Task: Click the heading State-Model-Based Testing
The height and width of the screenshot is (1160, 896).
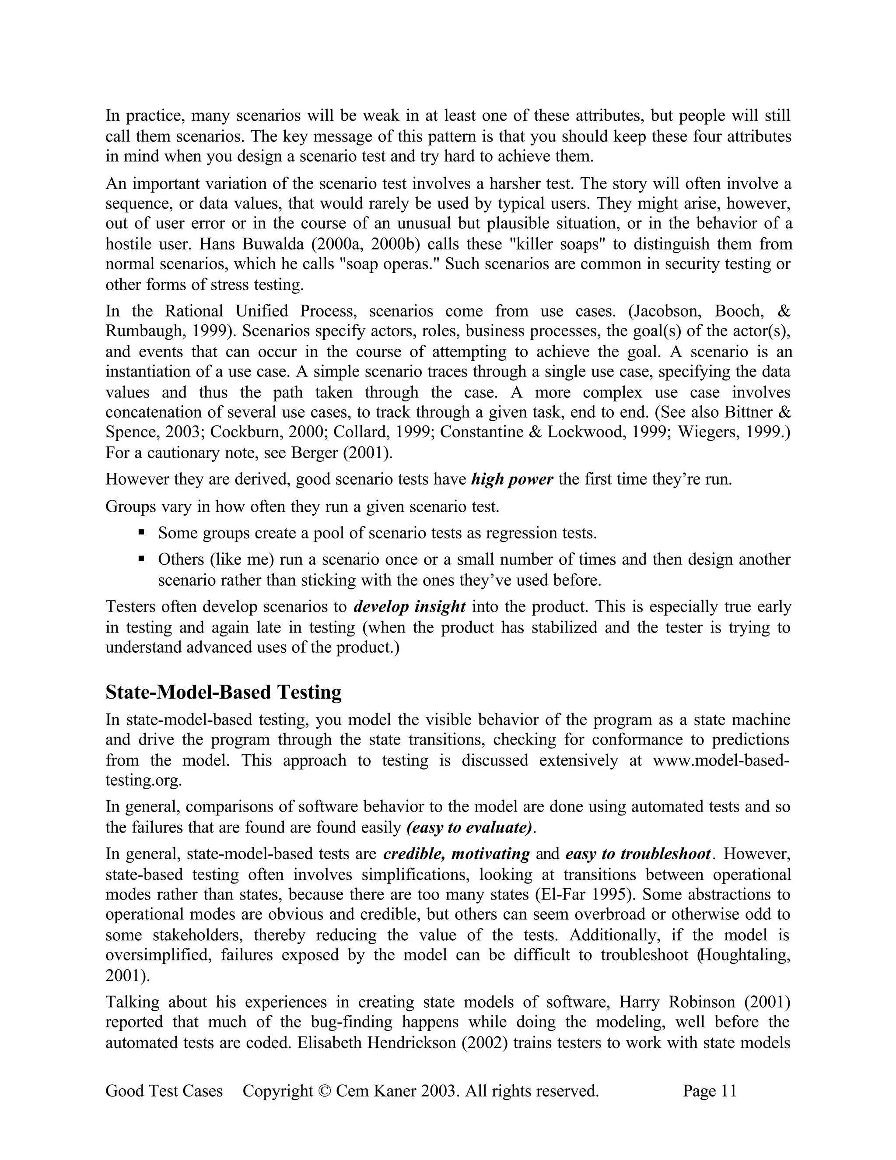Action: [x=224, y=692]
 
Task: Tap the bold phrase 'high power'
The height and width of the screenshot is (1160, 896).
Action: [x=512, y=480]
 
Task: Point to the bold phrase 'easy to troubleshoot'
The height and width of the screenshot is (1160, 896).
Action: [x=638, y=854]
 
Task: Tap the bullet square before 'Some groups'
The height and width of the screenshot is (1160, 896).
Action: [x=141, y=532]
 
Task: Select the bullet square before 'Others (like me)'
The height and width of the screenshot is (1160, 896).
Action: [x=141, y=558]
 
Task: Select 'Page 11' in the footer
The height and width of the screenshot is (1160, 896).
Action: [x=710, y=1091]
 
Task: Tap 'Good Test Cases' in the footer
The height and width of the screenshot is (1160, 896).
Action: [x=164, y=1091]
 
